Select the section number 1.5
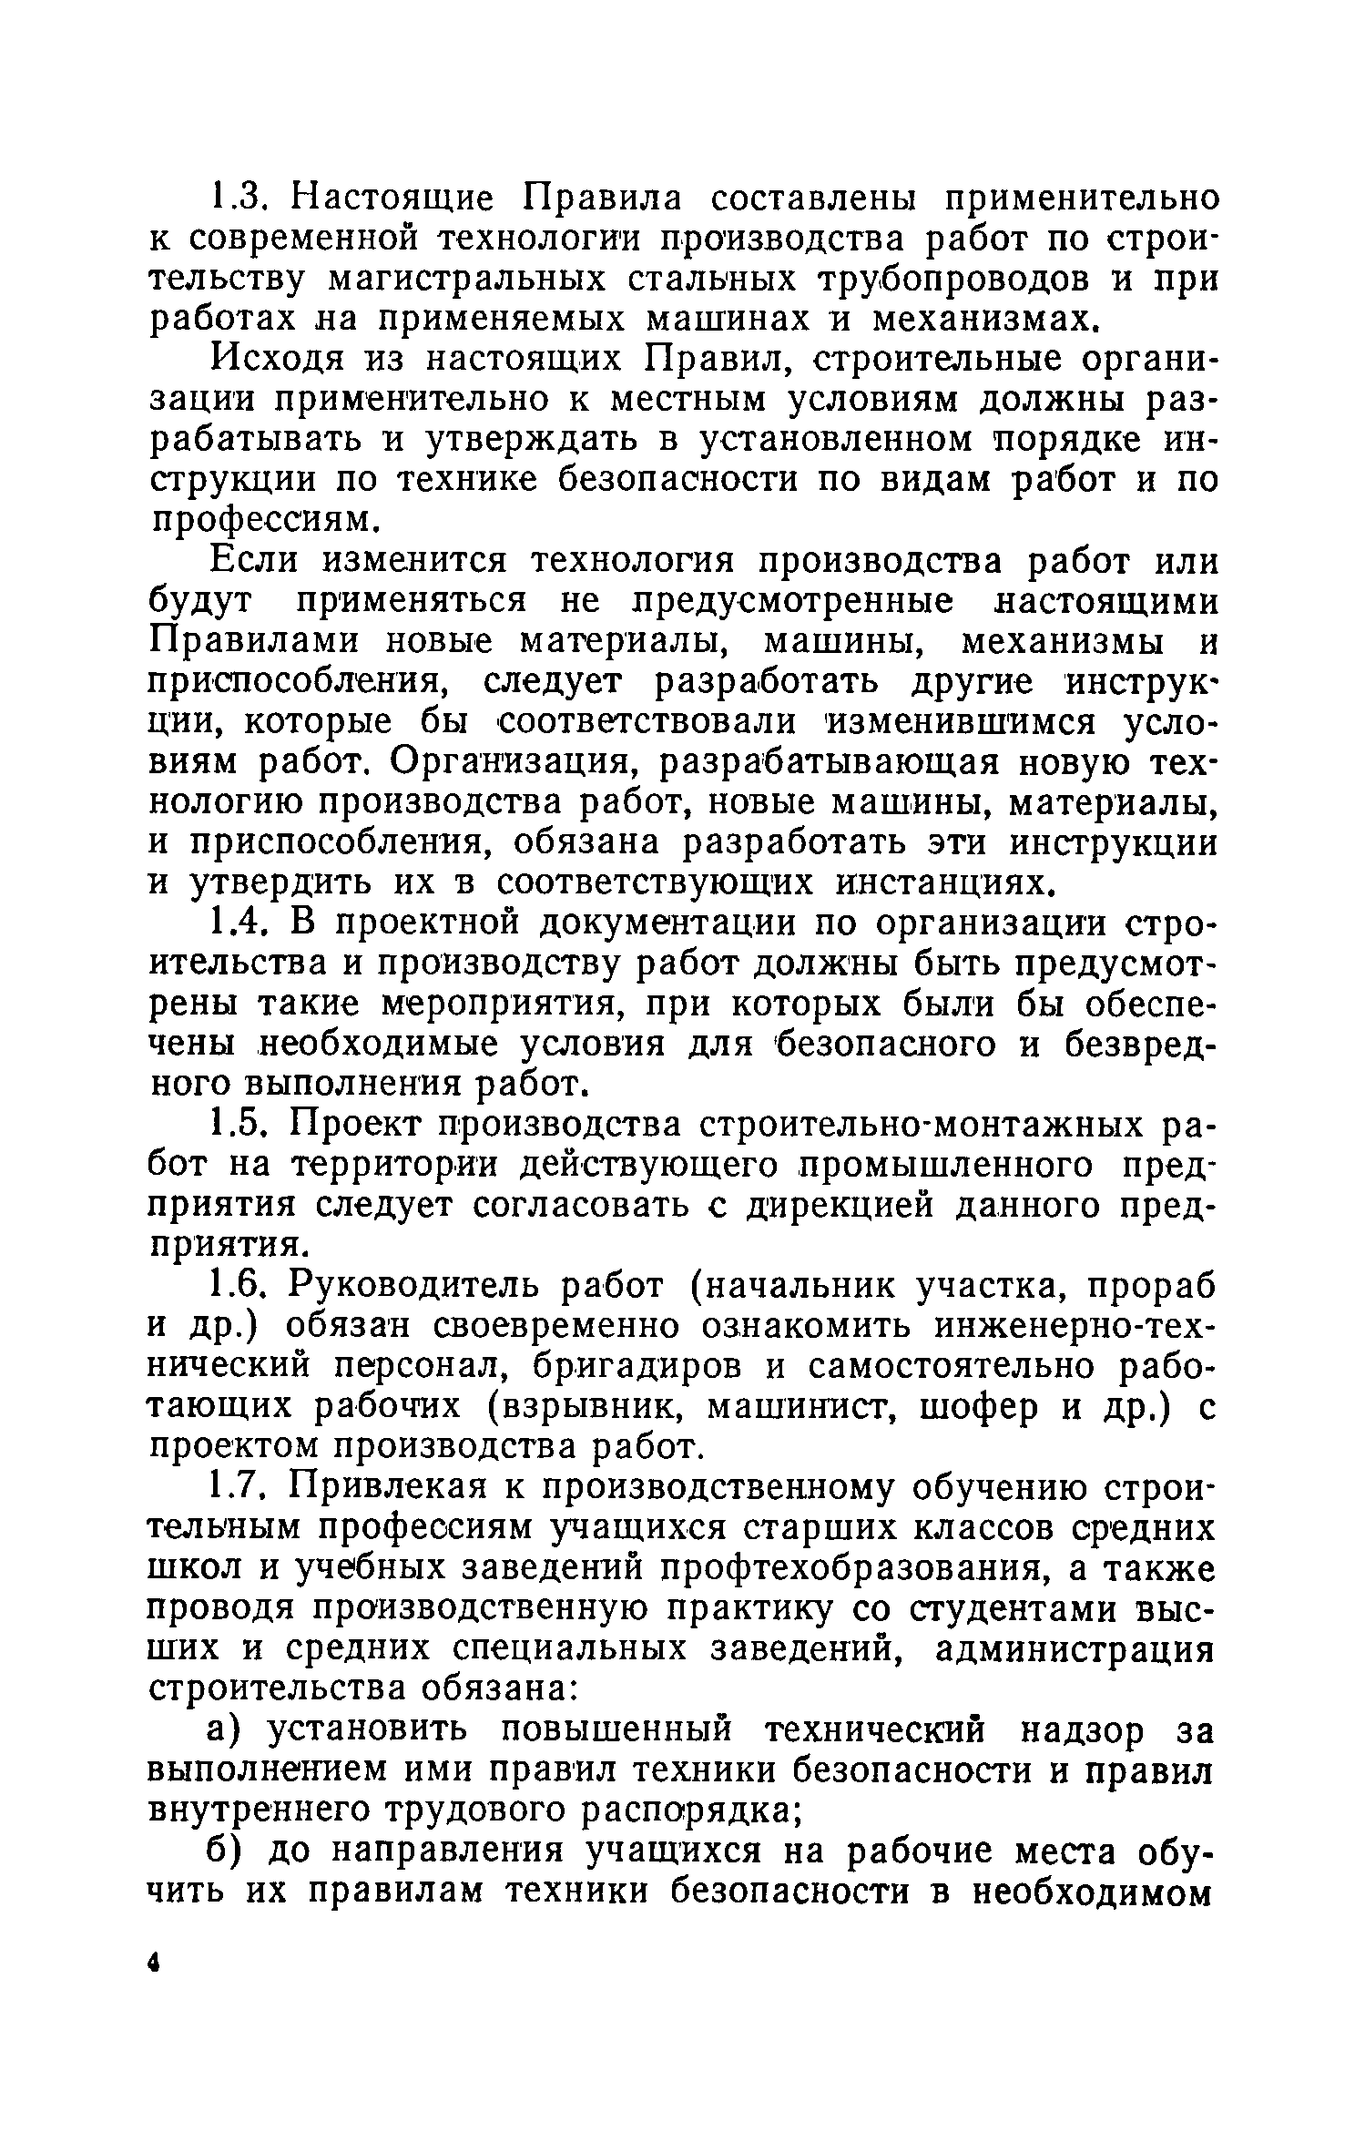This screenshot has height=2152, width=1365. pos(238,1127)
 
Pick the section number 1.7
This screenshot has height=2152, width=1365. pos(238,1488)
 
